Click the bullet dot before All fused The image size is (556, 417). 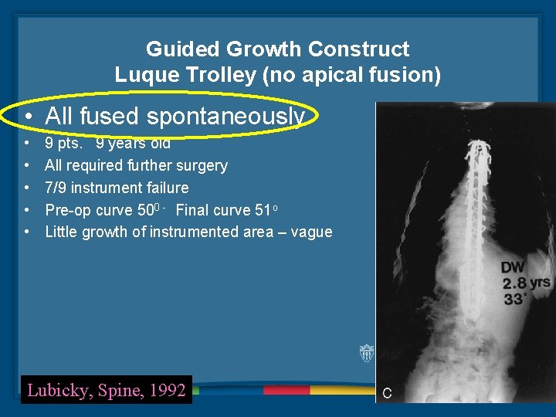pyautogui.click(x=27, y=117)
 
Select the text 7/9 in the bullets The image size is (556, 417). pyautogui.click(x=56, y=188)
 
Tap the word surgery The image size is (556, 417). pyautogui.click(x=202, y=165)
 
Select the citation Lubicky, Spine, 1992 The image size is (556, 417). pyautogui.click(x=107, y=390)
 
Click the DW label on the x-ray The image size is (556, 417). pyautogui.click(x=513, y=267)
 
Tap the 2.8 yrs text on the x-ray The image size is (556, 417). pyautogui.click(x=526, y=283)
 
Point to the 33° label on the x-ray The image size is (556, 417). pyautogui.click(x=515, y=298)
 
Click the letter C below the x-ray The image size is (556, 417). pyautogui.click(x=387, y=393)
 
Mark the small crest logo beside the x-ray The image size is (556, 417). pyautogui.click(x=367, y=354)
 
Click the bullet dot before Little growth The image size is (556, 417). pyautogui.click(x=27, y=232)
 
